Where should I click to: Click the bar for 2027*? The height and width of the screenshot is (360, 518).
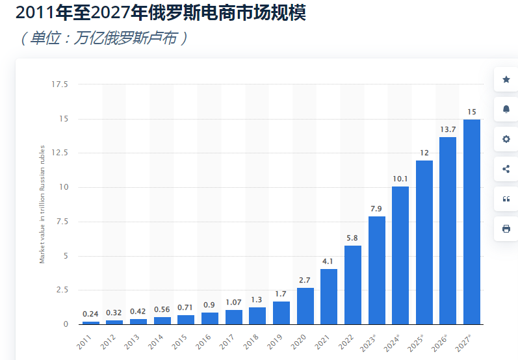click(x=472, y=222)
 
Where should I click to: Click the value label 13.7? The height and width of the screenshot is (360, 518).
click(x=448, y=129)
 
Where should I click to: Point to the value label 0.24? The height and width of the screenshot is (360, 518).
click(x=91, y=313)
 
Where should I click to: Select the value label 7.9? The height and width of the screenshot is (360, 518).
click(x=376, y=209)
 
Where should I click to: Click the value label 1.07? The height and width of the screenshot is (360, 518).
click(x=233, y=302)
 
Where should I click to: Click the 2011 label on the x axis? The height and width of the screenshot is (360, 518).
click(x=85, y=341)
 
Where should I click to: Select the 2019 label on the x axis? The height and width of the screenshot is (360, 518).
click(x=276, y=341)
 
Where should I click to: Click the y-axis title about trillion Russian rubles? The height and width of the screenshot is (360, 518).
click(x=42, y=204)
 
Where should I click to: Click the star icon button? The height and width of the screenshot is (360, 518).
click(x=506, y=79)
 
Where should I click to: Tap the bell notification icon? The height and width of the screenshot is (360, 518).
click(x=506, y=109)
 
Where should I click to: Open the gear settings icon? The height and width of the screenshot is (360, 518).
click(x=506, y=139)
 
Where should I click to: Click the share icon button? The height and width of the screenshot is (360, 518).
click(x=506, y=169)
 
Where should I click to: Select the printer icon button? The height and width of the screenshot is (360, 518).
click(x=506, y=229)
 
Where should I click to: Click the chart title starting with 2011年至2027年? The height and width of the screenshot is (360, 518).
click(x=160, y=12)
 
